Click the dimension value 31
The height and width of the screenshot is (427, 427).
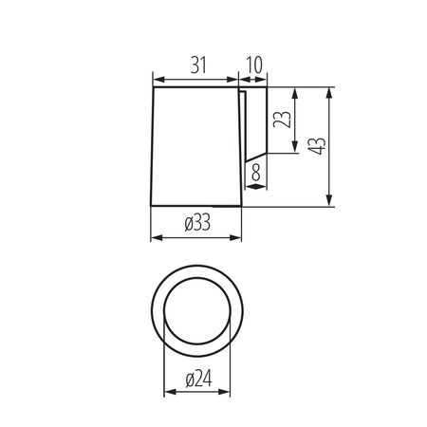click(195, 65)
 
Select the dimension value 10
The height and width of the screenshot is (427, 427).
click(253, 65)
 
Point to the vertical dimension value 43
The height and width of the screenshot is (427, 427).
click(317, 145)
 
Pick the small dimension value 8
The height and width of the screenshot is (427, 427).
click(256, 173)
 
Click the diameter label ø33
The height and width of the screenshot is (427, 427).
click(196, 223)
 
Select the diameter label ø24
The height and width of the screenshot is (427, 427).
click(198, 380)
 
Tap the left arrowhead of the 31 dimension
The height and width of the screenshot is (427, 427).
click(158, 79)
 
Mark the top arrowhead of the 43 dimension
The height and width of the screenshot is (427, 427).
click(329, 93)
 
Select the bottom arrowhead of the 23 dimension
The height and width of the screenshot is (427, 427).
click(298, 150)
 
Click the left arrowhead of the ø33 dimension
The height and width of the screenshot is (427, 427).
click(156, 235)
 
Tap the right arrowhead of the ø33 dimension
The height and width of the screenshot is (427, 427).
click(237, 235)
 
